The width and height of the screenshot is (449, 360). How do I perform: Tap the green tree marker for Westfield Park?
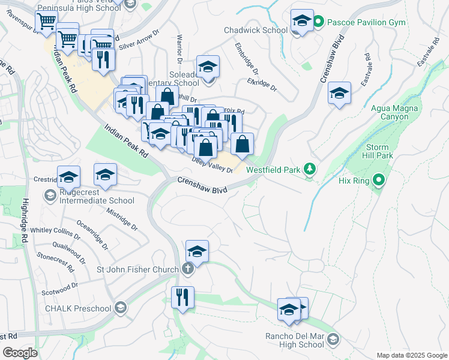309,169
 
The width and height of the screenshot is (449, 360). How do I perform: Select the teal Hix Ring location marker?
378,179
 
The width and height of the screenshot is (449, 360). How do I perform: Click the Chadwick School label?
256,30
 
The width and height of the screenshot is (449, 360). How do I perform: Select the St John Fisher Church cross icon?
187,268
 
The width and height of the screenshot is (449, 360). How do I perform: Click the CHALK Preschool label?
78,308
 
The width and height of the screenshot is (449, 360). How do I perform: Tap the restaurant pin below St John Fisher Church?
182,297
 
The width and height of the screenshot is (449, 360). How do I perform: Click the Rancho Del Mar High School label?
294,340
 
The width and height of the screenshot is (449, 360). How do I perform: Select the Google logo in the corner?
20,353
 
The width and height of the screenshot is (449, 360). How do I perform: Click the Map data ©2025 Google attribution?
411,355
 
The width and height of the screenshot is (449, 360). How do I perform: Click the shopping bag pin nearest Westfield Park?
242,144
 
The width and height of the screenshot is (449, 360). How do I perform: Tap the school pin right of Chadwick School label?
301,20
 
